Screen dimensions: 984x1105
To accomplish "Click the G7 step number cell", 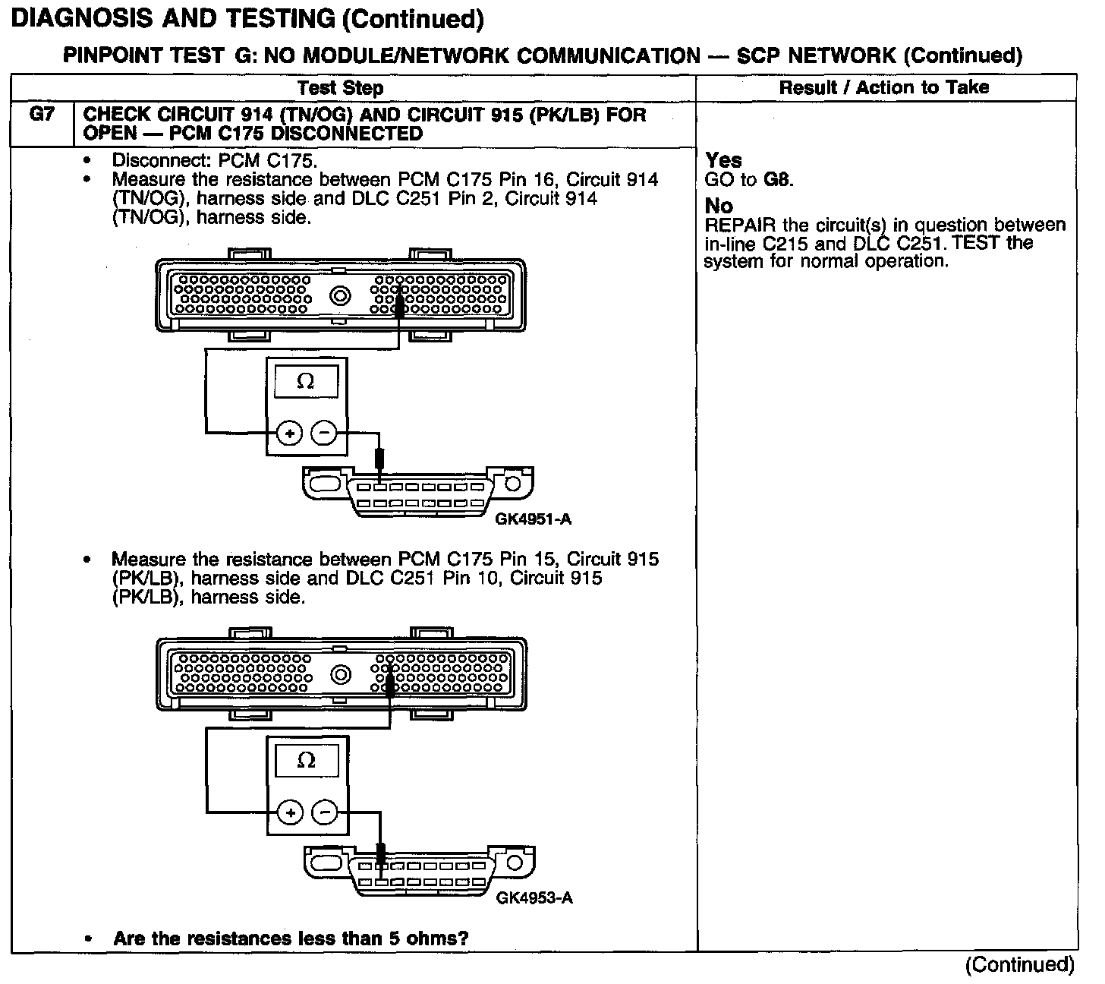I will click(x=42, y=116).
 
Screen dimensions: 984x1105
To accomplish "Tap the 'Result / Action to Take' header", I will click(x=884, y=87).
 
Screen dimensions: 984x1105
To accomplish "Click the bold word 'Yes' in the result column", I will click(x=723, y=160).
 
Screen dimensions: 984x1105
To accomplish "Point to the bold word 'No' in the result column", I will click(x=719, y=206).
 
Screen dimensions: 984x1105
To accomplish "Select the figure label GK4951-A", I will click(x=533, y=520).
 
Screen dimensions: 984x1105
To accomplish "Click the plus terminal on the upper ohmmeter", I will click(x=289, y=434).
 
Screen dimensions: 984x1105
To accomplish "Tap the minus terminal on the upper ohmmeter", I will click(x=324, y=434).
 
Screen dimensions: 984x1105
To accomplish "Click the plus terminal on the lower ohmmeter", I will click(x=290, y=812).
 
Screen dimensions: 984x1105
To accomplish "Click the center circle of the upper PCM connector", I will click(x=340, y=295).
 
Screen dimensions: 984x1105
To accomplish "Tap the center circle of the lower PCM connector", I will click(x=341, y=674).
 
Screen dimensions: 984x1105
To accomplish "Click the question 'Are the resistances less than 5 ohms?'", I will click(x=291, y=938).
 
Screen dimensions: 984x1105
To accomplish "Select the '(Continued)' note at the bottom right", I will click(x=1019, y=964).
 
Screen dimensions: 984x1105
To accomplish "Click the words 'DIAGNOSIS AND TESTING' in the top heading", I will click(x=173, y=18).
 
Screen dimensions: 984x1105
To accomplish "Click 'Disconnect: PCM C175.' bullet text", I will click(x=215, y=161).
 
